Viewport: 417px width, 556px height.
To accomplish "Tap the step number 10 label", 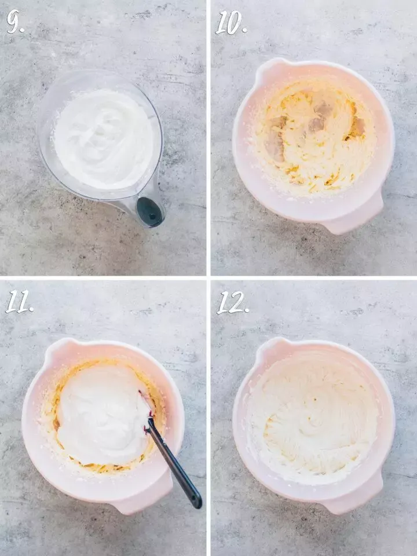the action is (x=231, y=23).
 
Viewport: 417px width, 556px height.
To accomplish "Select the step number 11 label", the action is (x=20, y=302).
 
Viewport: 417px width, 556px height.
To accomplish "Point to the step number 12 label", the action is (x=233, y=302).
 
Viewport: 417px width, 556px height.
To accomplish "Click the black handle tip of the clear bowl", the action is (x=150, y=212).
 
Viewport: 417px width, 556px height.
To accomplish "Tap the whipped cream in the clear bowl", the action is (x=104, y=139).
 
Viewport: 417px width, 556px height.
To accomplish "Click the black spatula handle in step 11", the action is (x=174, y=463).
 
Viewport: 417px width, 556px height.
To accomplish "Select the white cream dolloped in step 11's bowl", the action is (x=103, y=415).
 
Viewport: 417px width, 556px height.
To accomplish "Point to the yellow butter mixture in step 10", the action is (x=314, y=138).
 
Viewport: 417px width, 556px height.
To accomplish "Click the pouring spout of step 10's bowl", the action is (x=269, y=68).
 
